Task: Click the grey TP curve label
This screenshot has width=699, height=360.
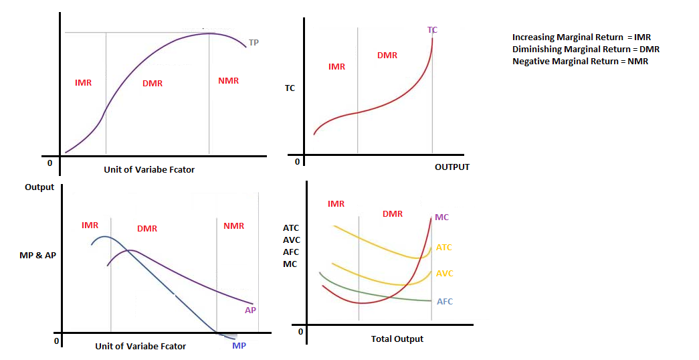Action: pos(254,43)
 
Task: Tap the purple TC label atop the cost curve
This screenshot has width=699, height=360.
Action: pos(432,30)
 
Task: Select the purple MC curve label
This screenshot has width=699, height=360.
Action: pos(441,217)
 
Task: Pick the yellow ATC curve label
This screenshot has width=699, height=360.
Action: pos(444,248)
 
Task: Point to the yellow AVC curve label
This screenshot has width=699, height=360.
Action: pos(444,274)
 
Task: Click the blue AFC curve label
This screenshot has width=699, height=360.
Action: pos(445,302)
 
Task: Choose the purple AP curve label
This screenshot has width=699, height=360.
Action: pos(251,310)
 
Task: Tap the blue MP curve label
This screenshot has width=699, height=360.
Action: pos(239,345)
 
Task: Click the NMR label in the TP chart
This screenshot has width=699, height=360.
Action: pos(228,81)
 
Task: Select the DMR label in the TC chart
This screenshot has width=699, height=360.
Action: pos(387,56)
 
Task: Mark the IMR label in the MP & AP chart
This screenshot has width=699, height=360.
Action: pos(90,226)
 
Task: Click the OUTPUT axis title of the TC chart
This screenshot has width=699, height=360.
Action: pos(452,167)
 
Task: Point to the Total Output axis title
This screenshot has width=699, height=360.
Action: pos(397,339)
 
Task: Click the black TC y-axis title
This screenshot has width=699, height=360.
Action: pos(290,88)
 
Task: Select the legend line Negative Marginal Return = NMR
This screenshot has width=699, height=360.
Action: pos(580,61)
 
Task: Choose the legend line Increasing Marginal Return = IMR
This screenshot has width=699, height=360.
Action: pos(581,37)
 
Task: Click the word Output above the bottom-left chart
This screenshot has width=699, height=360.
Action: pos(39,187)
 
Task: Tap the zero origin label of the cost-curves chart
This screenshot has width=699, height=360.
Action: pos(300,331)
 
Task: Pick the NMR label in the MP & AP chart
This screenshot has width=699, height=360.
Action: pos(234,226)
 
